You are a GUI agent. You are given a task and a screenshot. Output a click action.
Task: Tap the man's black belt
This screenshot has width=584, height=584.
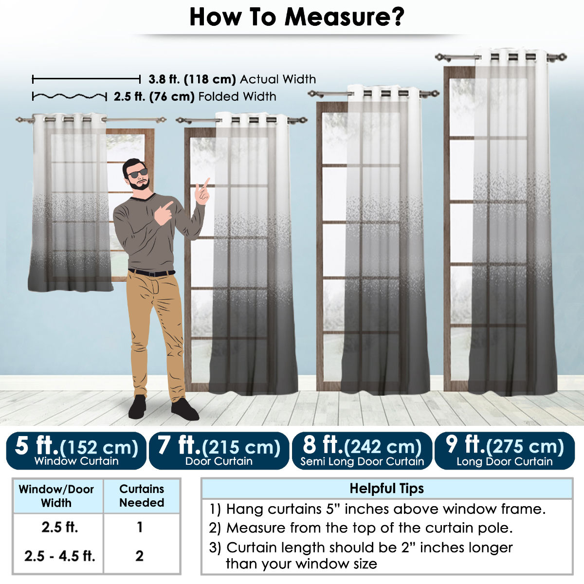tap(151, 273)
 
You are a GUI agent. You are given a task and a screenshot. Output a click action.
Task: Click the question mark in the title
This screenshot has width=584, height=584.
tap(395, 17)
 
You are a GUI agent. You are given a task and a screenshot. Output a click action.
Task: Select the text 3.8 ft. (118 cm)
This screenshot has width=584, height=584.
tap(192, 79)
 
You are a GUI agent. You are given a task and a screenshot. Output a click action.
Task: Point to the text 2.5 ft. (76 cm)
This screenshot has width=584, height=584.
tap(154, 97)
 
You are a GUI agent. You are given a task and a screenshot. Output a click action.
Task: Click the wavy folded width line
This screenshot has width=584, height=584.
tap(70, 97)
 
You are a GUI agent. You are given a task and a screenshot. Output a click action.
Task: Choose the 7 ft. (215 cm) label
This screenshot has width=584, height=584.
tap(219, 446)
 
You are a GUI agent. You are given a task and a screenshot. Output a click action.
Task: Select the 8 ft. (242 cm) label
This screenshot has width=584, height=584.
tap(362, 446)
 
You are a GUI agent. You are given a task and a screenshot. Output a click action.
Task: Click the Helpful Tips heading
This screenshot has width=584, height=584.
tap(387, 489)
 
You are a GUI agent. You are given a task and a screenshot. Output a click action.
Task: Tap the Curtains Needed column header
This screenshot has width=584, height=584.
tap(142, 496)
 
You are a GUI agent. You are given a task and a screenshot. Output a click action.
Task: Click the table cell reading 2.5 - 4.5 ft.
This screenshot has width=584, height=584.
tap(60, 556)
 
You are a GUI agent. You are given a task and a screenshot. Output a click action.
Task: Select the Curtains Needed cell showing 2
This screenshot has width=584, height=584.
tap(139, 556)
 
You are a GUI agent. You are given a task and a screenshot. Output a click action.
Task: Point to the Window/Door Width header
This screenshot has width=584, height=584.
tap(56, 496)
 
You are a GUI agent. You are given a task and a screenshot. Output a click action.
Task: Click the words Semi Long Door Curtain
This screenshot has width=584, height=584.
tap(362, 461)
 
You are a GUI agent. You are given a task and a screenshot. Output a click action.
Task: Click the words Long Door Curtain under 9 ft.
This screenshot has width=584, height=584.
tap(505, 461)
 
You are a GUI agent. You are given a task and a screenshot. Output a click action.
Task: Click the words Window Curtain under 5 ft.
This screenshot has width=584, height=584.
tap(76, 461)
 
